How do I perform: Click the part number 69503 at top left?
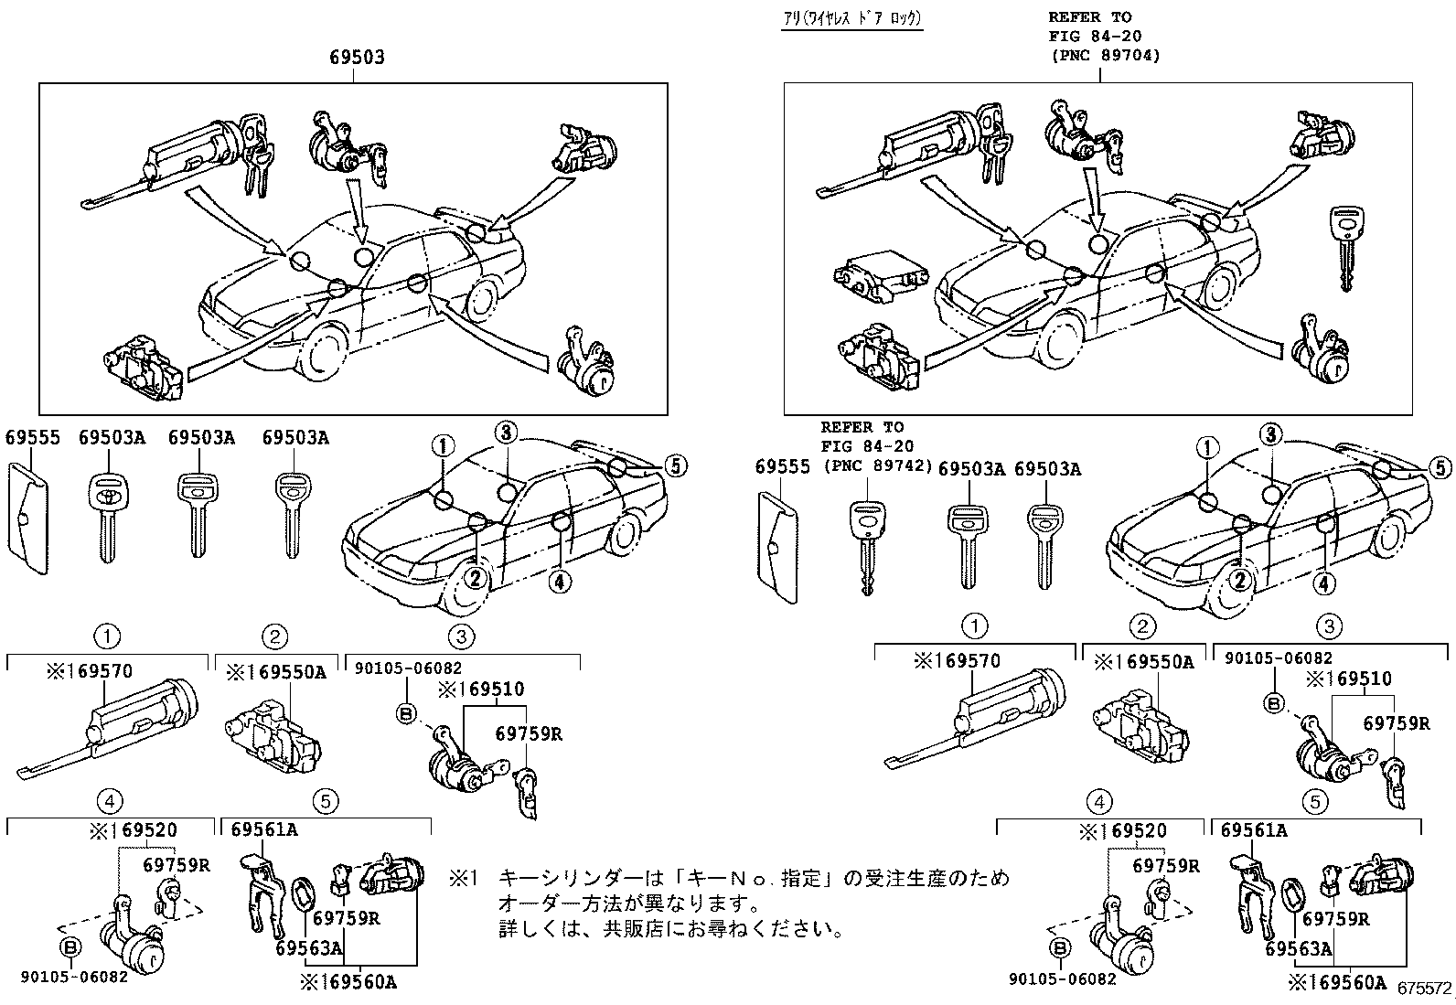[357, 57]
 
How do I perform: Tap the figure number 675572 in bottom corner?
[1425, 989]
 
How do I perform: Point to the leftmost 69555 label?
[32, 438]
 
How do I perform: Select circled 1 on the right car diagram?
[1207, 448]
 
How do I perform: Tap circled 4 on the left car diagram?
[561, 580]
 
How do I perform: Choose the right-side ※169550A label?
[1144, 661]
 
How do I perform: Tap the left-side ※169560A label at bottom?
[348, 983]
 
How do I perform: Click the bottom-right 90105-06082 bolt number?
[1063, 978]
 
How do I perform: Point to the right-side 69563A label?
[1299, 949]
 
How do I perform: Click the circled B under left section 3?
[406, 712]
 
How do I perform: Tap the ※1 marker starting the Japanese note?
[463, 880]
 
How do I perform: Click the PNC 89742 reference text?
[877, 465]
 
